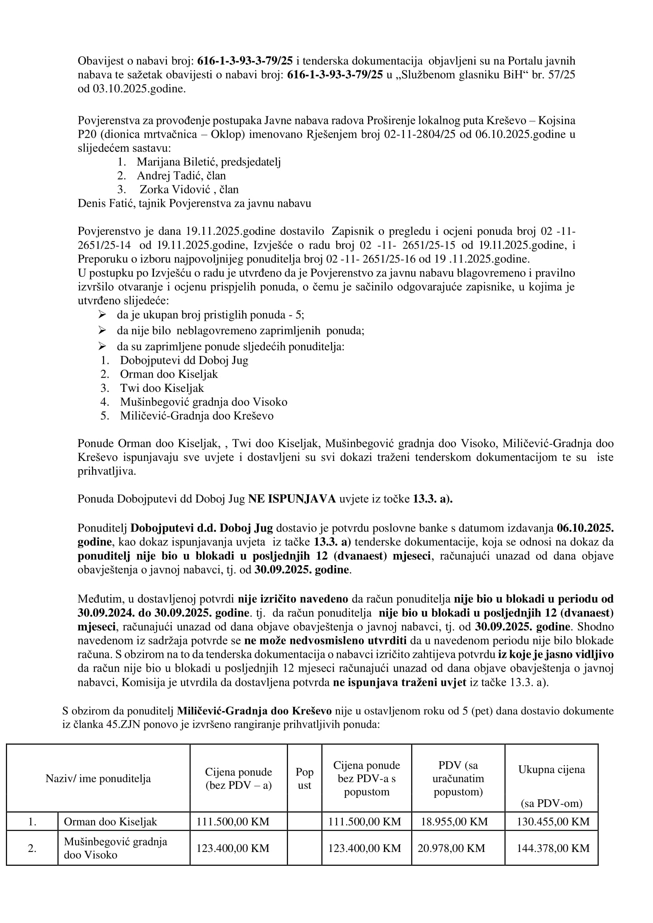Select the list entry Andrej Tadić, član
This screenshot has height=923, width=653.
tap(181, 176)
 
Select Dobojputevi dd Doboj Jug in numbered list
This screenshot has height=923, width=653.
tap(184, 360)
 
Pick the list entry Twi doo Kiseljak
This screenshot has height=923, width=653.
tap(162, 388)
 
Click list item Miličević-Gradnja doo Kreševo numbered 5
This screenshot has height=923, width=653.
tap(196, 416)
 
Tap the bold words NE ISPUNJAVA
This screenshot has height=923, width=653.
tap(292, 499)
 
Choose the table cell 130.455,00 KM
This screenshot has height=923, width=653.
tap(553, 822)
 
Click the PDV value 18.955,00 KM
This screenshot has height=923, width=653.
tap(455, 822)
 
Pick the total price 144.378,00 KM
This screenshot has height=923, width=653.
tap(553, 848)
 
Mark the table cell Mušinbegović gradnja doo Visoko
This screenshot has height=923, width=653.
tap(115, 848)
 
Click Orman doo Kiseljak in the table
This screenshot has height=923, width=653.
tap(110, 822)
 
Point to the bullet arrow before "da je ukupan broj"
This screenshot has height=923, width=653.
tap(102, 314)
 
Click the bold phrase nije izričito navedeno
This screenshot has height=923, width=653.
tap(293, 599)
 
